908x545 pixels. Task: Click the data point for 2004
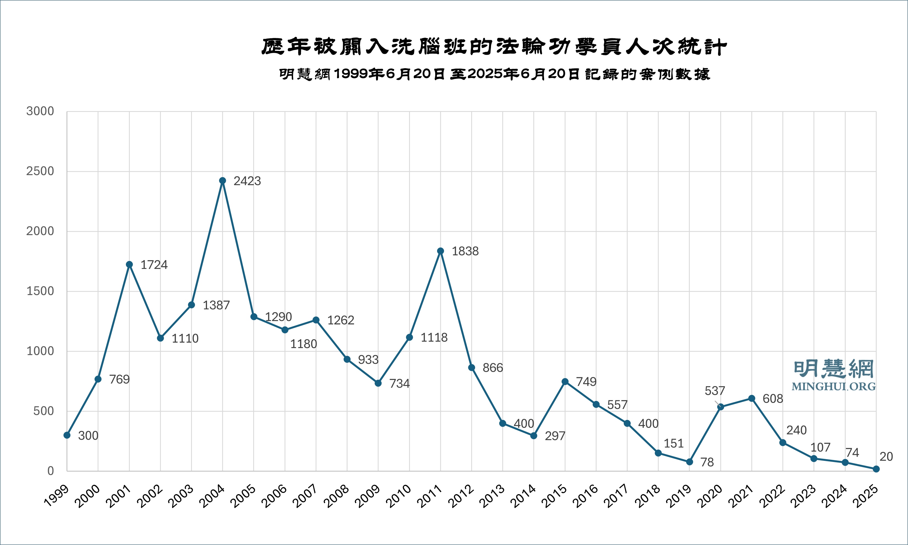click(222, 181)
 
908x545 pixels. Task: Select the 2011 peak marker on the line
click(441, 251)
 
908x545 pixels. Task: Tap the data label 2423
click(247, 181)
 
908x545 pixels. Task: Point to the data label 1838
click(465, 252)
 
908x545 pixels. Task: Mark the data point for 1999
click(67, 435)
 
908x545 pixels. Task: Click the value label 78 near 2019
click(707, 462)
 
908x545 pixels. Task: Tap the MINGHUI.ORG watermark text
click(834, 387)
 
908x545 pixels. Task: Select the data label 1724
click(154, 265)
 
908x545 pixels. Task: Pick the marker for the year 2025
click(876, 469)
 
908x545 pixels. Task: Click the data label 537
click(714, 391)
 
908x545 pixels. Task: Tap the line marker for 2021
click(752, 398)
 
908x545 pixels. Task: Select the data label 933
click(368, 360)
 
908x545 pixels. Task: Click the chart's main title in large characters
click(494, 47)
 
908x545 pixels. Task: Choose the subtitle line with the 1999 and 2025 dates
click(494, 74)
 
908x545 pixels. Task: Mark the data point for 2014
click(534, 436)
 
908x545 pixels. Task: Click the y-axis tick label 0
click(51, 471)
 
